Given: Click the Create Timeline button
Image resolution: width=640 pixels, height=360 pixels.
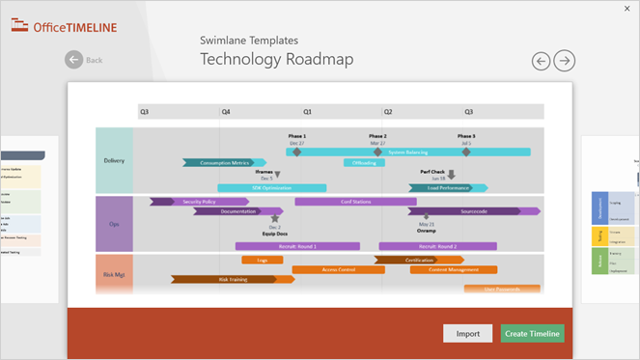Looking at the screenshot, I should click(532, 333).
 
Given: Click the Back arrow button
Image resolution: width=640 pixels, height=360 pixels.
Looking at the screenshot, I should click(74, 60).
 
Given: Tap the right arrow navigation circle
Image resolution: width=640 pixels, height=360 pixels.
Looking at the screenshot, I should click(565, 61).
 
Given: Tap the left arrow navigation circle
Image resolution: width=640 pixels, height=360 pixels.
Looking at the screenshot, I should click(542, 61).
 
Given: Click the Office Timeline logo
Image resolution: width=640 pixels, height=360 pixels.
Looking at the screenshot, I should click(65, 27).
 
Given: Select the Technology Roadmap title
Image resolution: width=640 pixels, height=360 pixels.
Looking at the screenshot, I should click(276, 60).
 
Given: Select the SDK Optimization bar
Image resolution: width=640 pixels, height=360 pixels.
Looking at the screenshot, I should click(271, 187).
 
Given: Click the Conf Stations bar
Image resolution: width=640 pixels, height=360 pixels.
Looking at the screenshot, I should click(355, 202).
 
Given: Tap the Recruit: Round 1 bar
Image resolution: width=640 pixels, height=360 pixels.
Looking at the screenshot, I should click(291, 246).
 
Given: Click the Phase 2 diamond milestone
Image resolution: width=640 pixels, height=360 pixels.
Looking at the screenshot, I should click(378, 152).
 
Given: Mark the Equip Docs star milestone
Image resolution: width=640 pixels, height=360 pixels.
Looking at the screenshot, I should click(275, 219).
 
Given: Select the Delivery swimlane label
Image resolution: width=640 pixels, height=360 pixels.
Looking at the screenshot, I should click(114, 160).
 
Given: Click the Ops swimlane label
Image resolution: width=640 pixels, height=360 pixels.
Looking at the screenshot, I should click(114, 224).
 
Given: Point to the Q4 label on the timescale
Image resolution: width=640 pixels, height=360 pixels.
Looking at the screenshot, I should click(226, 112).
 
